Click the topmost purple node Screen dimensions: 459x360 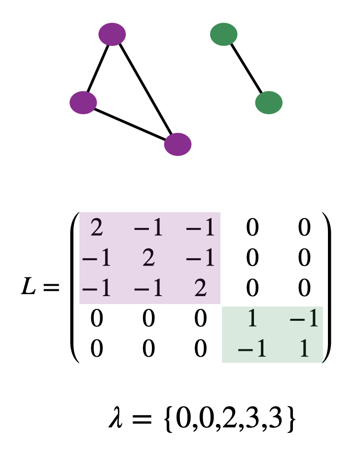coord(112,35)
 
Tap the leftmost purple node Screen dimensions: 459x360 coord(83,102)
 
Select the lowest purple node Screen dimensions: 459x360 coord(178,144)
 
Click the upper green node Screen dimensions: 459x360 coord(224,35)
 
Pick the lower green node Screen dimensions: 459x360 coord(269,102)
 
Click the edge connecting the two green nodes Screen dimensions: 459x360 coord(247,69)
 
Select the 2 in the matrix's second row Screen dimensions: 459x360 coord(148,259)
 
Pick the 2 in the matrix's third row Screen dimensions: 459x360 coord(200,288)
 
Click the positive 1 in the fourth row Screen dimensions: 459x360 coord(252,319)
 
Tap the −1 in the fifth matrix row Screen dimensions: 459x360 coord(252,349)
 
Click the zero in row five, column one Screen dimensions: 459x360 coord(97,349)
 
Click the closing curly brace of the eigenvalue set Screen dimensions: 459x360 coord(291,420)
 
